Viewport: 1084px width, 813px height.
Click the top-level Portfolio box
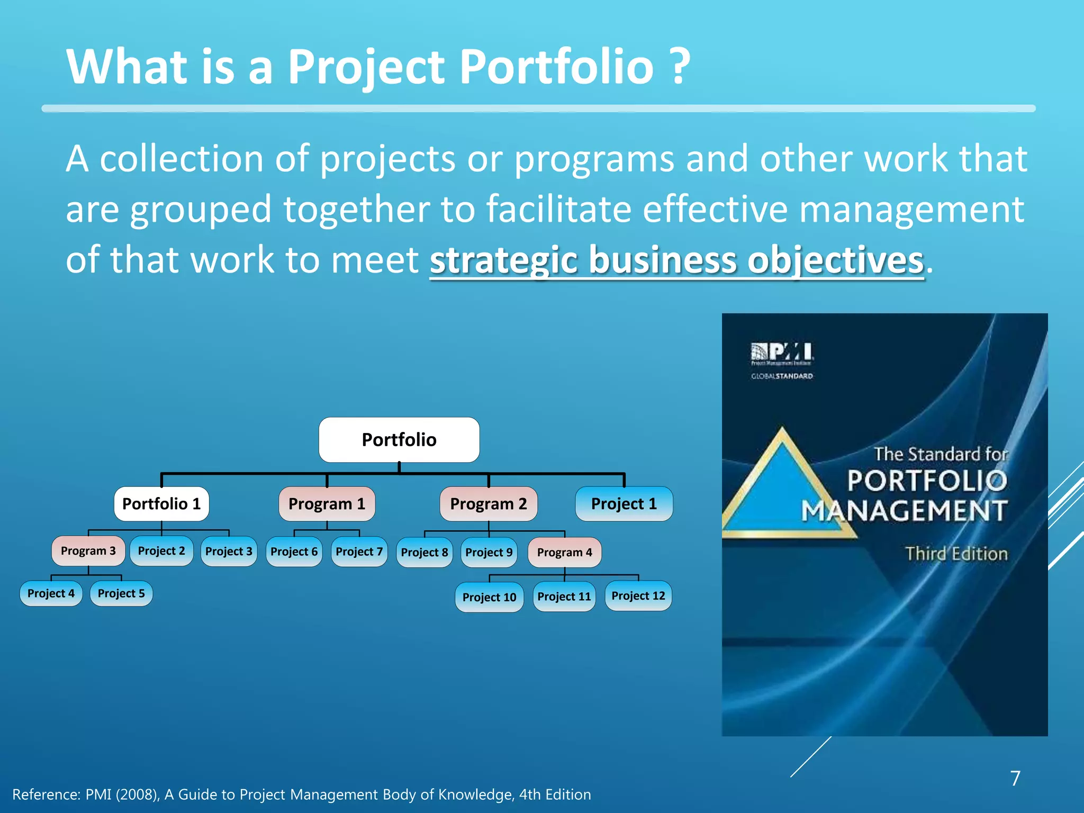[x=399, y=440]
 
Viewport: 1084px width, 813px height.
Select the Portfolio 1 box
[x=161, y=504]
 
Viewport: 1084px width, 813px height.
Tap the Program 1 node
[x=327, y=504]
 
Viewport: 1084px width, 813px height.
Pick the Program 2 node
[x=488, y=504]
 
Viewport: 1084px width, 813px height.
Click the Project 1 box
[x=624, y=504]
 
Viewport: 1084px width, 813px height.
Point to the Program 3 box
[x=88, y=551]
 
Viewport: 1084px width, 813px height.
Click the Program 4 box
[x=564, y=553]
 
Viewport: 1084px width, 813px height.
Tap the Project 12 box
[x=638, y=596]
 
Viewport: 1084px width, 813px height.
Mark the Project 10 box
[x=489, y=598]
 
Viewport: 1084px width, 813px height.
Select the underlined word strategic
[x=503, y=260]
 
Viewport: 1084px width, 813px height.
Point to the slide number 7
[x=1015, y=778]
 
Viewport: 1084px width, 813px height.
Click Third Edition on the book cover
[x=956, y=554]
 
